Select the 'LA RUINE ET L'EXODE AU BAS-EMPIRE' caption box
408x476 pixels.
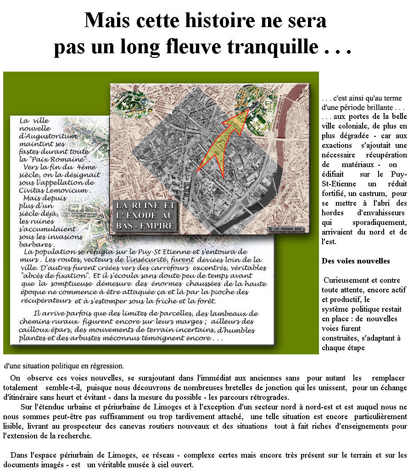coord(145,215)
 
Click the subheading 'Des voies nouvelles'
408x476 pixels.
coord(356,261)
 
